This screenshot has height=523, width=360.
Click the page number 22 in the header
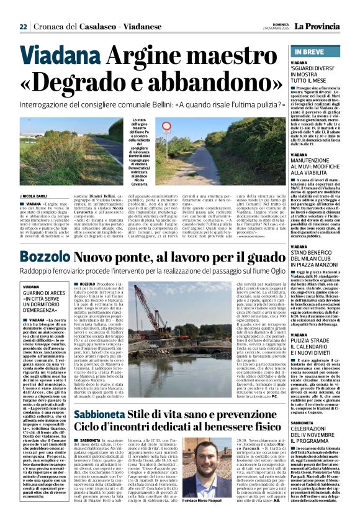tap(23, 26)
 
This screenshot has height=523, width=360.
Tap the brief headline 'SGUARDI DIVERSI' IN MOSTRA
tap(318, 76)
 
